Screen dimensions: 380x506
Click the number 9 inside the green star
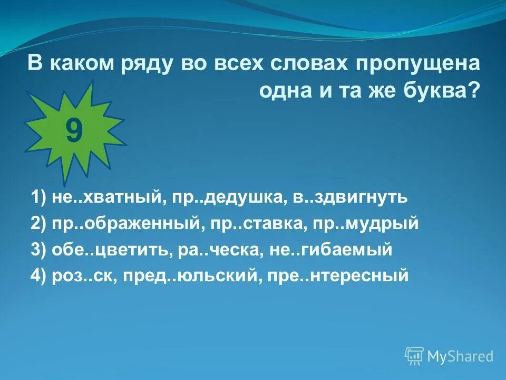click(x=74, y=131)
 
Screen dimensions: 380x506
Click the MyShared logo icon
click(x=414, y=356)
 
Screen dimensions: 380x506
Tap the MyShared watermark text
click(x=460, y=357)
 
